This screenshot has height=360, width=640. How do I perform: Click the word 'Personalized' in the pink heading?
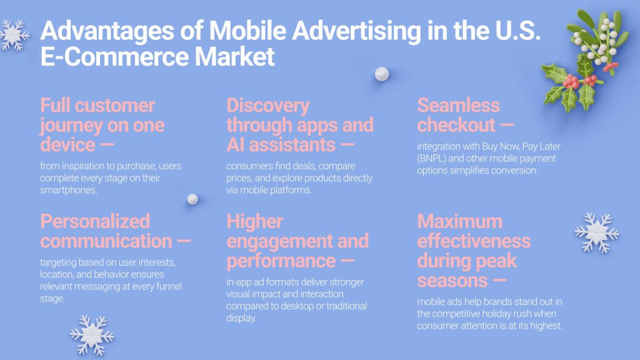95,221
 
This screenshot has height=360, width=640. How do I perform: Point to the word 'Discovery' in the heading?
267,105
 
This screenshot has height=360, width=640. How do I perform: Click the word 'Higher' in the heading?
255,221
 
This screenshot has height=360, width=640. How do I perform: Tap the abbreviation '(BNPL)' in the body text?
432,159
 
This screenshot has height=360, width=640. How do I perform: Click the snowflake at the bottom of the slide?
92,335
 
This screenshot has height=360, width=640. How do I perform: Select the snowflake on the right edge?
596,232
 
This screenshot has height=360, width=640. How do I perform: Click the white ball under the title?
381,74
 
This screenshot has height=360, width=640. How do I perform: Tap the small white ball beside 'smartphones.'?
192,199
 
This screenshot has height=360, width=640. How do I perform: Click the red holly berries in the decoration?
571,81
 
